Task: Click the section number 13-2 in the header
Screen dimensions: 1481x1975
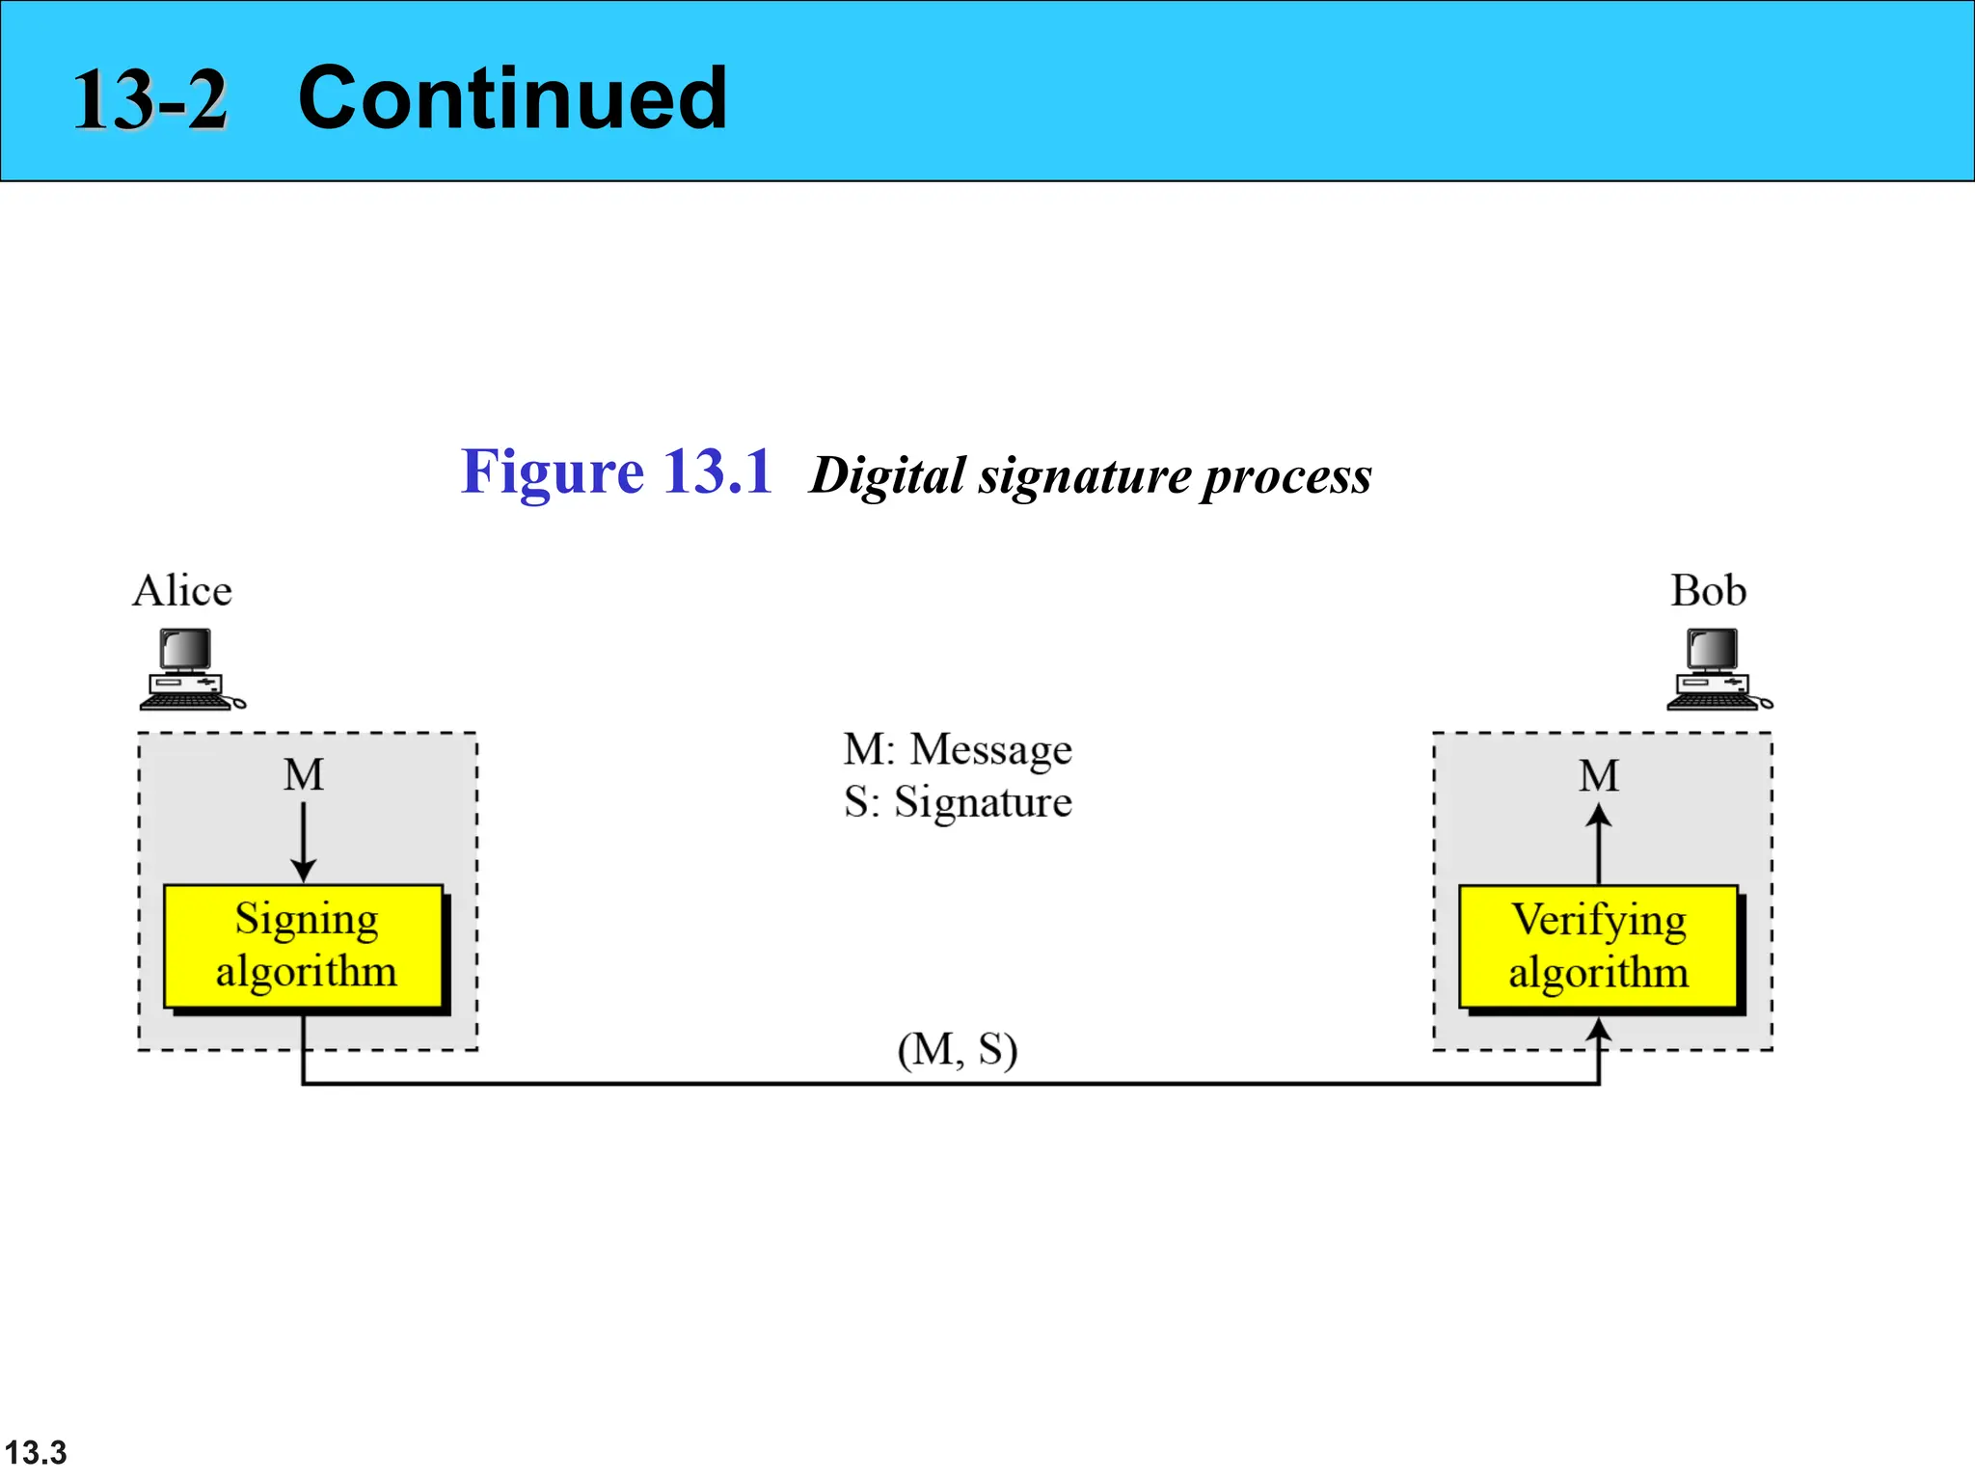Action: tap(150, 100)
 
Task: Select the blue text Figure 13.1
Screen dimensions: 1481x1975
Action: tap(616, 471)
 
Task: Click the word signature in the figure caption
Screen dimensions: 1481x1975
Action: tap(1085, 475)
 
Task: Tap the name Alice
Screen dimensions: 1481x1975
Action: tap(182, 590)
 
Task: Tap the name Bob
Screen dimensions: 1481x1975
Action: tap(1708, 590)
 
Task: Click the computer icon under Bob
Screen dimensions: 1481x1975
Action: tap(1718, 669)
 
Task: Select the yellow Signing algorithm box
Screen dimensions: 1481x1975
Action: tap(304, 946)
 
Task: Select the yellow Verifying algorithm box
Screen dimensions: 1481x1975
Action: tap(1598, 947)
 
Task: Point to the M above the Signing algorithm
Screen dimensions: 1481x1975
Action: tap(304, 775)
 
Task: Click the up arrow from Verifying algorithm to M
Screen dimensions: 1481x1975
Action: tap(1598, 844)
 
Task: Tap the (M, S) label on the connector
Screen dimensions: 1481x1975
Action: tap(957, 1049)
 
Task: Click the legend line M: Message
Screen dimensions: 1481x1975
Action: tap(957, 749)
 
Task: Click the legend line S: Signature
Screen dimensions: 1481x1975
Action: tap(957, 802)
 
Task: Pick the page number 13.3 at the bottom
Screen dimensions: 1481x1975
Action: tap(36, 1452)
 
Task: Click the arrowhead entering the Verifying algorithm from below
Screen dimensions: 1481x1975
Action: tap(1598, 1029)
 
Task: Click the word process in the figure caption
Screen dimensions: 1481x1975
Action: tap(1287, 475)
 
